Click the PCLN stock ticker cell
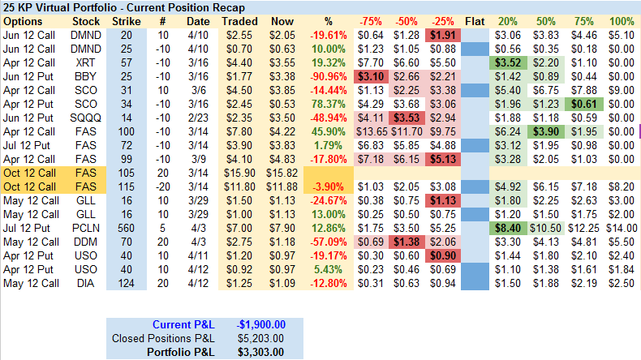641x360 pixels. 86,229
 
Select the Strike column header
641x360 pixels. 126,20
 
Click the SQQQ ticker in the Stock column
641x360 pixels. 86,118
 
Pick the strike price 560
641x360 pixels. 126,229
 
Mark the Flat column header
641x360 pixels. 475,20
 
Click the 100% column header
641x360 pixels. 621,20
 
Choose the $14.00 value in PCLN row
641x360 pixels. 621,229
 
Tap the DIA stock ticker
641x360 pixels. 86,284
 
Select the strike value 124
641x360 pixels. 126,284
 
